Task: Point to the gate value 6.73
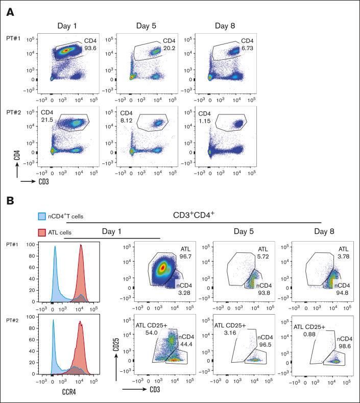(x=247, y=50)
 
